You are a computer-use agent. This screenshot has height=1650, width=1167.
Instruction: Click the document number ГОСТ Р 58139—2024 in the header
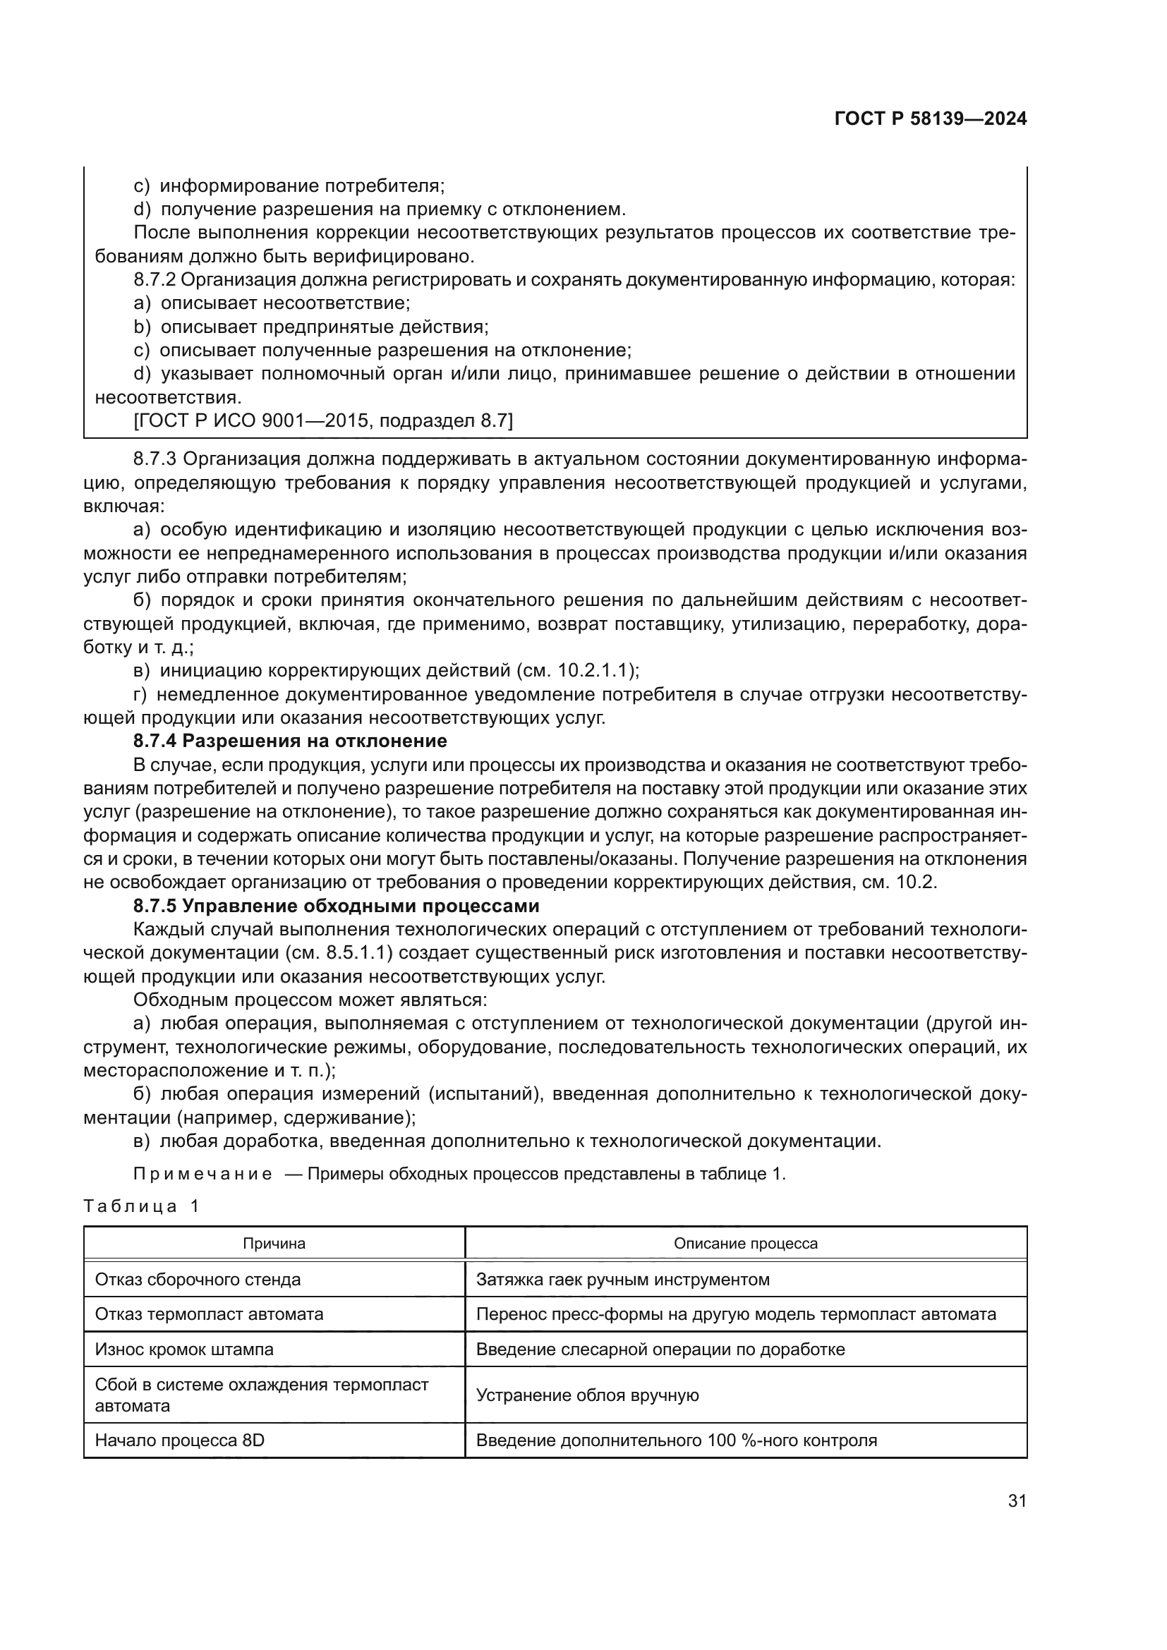[x=930, y=119]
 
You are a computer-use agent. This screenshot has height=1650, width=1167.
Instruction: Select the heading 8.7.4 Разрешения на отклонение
[x=289, y=741]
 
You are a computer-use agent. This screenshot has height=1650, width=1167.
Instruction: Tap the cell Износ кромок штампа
[x=184, y=1349]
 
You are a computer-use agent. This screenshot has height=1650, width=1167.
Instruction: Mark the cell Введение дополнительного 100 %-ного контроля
[x=676, y=1441]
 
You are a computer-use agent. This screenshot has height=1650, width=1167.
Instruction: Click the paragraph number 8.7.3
[x=155, y=459]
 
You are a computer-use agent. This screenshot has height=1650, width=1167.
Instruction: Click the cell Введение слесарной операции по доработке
[x=660, y=1349]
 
